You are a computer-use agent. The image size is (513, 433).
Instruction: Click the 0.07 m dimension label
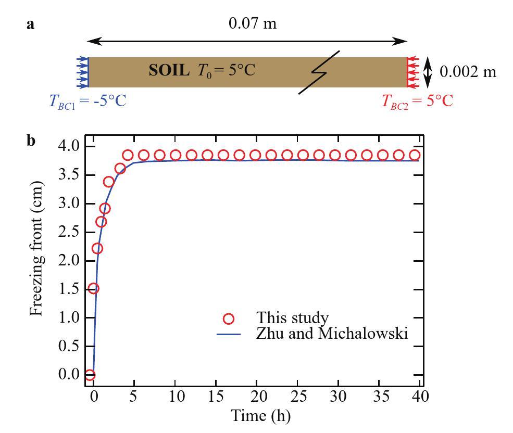click(x=248, y=25)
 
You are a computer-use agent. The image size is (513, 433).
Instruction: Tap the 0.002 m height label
click(x=468, y=72)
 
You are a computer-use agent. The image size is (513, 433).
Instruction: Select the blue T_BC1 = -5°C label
click(x=87, y=100)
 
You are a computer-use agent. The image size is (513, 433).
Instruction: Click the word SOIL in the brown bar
click(x=169, y=71)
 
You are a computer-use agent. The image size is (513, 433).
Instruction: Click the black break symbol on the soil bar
click(x=319, y=72)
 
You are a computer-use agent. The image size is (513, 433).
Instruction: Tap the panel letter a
click(x=31, y=24)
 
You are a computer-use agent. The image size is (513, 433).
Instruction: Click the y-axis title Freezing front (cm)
click(x=35, y=258)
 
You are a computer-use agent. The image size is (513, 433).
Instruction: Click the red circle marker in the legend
click(x=229, y=319)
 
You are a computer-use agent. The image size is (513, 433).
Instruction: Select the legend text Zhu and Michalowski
click(x=331, y=334)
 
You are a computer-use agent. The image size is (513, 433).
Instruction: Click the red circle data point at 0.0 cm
click(x=89, y=375)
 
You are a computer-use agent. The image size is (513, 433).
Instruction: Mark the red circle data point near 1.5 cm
click(x=93, y=289)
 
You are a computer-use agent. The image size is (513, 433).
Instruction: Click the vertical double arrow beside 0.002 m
click(x=428, y=72)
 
